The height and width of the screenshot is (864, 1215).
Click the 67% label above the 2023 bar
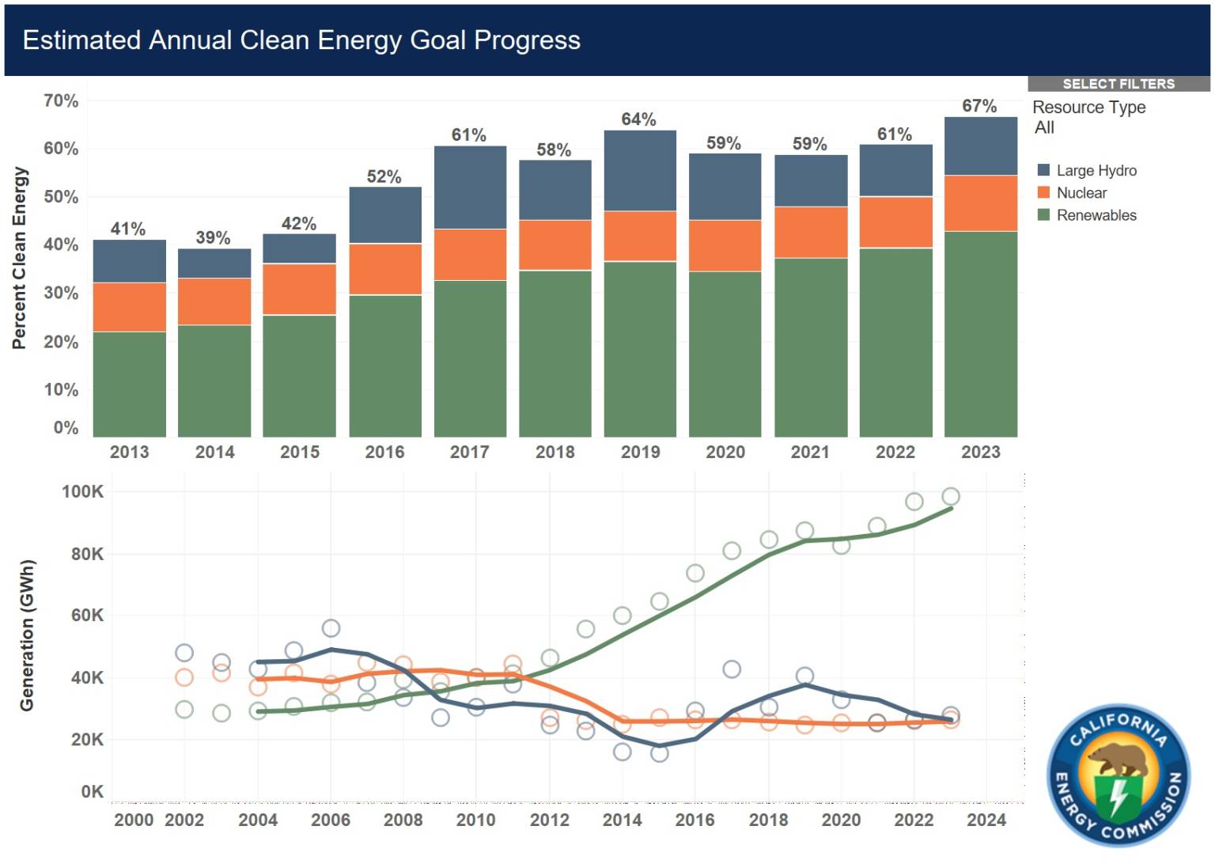[x=979, y=106]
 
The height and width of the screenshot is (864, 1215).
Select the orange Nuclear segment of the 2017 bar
[x=471, y=255]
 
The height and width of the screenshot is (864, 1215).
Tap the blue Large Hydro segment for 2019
[x=640, y=170]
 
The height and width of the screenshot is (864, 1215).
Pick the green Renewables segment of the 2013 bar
[x=130, y=385]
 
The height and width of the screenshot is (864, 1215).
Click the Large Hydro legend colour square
[x=1043, y=170]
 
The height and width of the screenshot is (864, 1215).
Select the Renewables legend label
[x=1097, y=215]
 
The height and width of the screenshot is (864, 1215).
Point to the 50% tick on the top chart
[x=61, y=196]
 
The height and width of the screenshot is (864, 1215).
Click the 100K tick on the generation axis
[x=82, y=491]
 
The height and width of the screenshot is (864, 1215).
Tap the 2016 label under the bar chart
[x=384, y=452]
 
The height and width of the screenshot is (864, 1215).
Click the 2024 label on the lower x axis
[x=986, y=820]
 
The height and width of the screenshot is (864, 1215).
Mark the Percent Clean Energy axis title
[x=20, y=258]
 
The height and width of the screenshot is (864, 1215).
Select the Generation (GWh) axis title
[x=27, y=635]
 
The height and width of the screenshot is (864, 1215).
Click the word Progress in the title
[x=528, y=40]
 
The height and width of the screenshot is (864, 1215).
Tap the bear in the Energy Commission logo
[x=1119, y=760]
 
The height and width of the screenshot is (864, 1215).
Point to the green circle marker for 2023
[x=951, y=496]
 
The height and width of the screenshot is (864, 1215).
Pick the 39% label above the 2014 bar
[x=213, y=237]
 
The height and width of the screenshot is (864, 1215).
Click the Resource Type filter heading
[x=1089, y=108]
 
